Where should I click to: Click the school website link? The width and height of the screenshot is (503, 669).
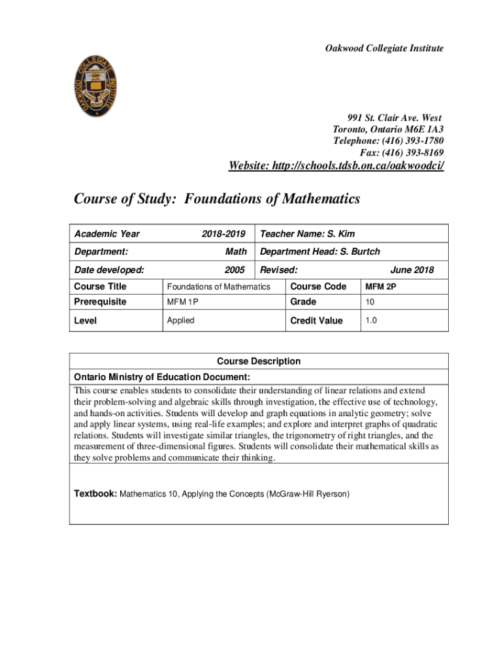(x=336, y=166)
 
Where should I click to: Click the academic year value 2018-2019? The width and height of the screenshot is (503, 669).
(x=223, y=234)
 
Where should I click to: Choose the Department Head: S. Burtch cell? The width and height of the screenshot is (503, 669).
(x=320, y=252)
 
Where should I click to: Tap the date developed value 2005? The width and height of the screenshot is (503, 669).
(x=235, y=270)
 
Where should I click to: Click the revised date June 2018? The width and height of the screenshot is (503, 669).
(x=412, y=270)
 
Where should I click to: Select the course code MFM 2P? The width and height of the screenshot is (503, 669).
(x=381, y=287)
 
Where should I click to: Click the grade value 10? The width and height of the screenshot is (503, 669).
(x=370, y=302)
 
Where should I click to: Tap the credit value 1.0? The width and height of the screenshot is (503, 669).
(x=371, y=321)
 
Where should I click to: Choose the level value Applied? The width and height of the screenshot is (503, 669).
(x=181, y=321)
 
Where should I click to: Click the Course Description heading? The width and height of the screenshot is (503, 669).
(x=259, y=361)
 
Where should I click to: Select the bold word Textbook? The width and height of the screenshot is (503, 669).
(x=95, y=494)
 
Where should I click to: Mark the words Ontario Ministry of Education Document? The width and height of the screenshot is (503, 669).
(x=161, y=377)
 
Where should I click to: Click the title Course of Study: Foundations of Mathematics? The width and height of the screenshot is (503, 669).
(x=217, y=199)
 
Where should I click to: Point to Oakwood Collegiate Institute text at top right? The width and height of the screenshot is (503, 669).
(x=385, y=48)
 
